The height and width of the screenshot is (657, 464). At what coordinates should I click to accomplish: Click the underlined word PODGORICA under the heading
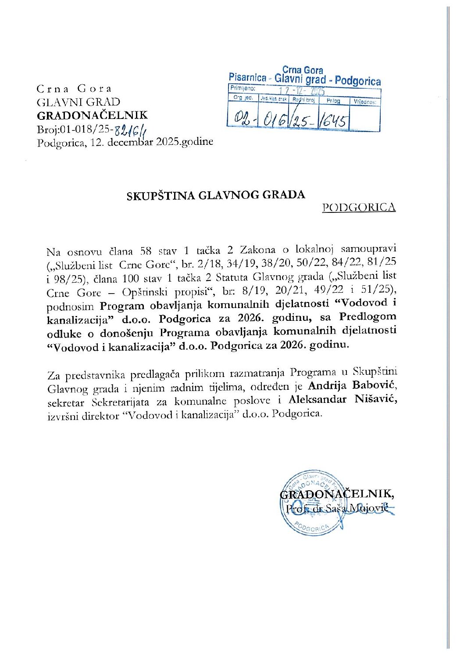coord(359,207)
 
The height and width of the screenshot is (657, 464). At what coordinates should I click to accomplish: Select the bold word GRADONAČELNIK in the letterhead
coord(92,115)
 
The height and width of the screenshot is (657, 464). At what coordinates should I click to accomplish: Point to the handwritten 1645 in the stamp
coord(334,120)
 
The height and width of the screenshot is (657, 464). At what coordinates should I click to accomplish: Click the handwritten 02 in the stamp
coord(242,118)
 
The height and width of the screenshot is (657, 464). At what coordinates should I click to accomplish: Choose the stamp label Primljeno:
coord(242,88)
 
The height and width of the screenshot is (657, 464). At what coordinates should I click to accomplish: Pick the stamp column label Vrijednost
coord(365,101)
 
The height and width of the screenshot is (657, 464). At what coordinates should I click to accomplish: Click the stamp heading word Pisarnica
coord(247,78)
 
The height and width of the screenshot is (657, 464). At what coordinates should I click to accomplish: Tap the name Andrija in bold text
coord(327,386)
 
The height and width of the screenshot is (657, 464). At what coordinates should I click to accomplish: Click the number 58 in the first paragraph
coord(146,251)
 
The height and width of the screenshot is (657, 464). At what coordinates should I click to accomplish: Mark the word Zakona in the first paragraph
coord(258,250)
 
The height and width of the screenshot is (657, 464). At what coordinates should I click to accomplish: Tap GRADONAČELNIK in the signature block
coord(336,494)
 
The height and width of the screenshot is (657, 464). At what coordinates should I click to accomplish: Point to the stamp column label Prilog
coord(333,101)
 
